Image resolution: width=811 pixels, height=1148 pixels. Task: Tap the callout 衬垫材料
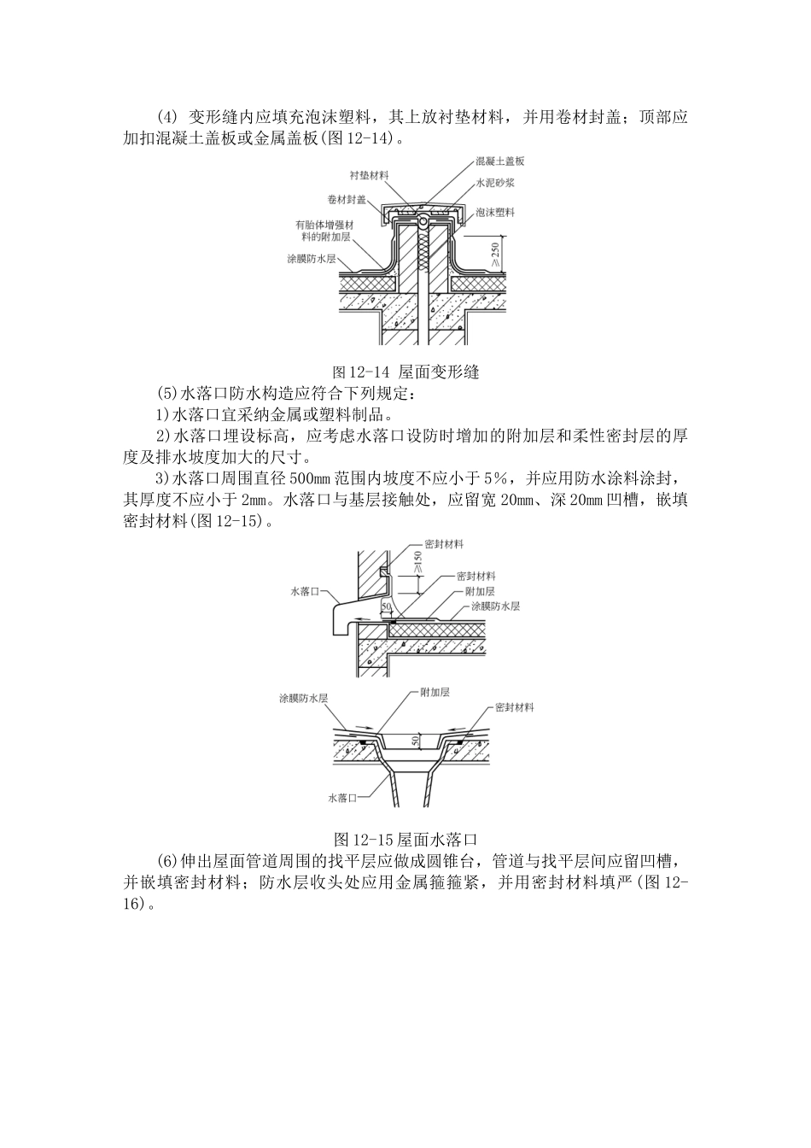pos(369,174)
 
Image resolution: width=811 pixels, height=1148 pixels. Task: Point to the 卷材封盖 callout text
pos(347,199)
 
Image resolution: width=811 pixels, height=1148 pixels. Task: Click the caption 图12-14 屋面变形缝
pos(405,372)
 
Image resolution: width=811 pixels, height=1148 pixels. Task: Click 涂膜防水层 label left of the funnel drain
pos(305,698)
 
